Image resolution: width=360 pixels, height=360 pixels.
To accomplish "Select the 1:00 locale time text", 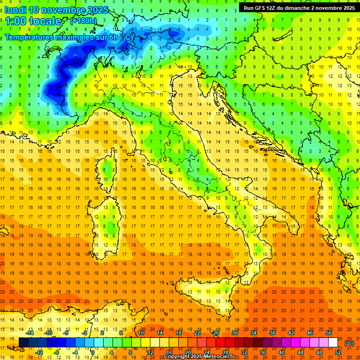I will [x=33, y=21].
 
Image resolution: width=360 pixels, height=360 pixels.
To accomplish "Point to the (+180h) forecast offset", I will [x=83, y=21].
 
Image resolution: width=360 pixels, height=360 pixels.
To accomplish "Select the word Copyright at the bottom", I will [x=177, y=356].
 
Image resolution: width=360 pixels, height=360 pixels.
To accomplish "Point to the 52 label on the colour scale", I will [x=338, y=352].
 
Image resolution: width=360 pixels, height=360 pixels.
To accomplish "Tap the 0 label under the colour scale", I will [x=93, y=352].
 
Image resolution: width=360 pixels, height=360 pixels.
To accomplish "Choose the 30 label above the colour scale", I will [x=234, y=333].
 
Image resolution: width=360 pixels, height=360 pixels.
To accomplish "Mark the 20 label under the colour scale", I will [x=187, y=352].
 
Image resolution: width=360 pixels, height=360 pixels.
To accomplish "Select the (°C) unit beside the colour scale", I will [x=349, y=343].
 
